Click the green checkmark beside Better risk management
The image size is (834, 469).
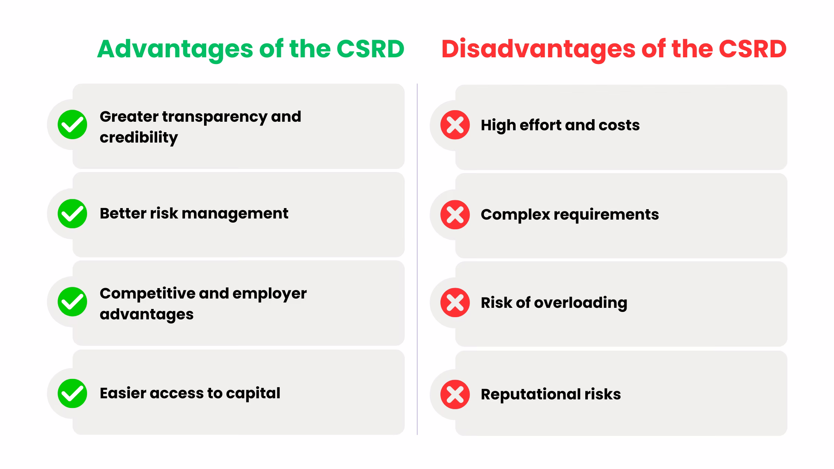[72, 214]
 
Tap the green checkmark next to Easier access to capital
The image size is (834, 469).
[72, 393]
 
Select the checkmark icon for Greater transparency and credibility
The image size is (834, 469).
[72, 124]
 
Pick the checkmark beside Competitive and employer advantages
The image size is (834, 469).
[72, 301]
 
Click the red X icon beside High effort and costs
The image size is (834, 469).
[455, 125]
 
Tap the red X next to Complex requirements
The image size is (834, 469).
[455, 214]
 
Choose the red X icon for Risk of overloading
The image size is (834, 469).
[455, 302]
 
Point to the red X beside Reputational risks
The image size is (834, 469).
[455, 394]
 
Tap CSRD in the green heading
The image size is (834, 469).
[370, 49]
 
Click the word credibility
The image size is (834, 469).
[139, 138]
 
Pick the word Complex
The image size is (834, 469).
[515, 215]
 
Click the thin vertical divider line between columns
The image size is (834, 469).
[417, 261]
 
